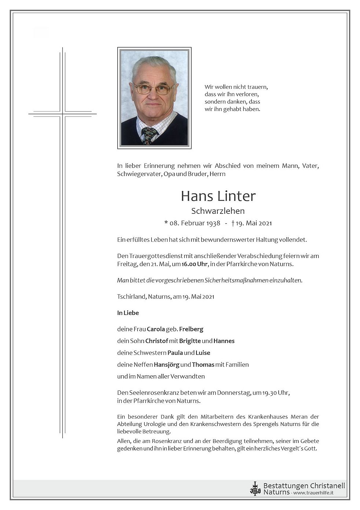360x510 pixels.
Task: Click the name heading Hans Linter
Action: (x=218, y=196)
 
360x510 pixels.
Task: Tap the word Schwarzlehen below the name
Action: (x=218, y=211)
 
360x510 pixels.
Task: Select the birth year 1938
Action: (x=213, y=223)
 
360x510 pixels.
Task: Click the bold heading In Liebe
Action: (x=128, y=313)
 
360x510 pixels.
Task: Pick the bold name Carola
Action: (x=156, y=329)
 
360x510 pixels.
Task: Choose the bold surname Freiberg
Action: (x=191, y=329)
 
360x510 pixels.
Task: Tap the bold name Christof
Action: (x=156, y=341)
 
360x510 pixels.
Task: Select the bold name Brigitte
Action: (x=190, y=341)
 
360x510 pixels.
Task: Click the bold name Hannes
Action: (x=224, y=341)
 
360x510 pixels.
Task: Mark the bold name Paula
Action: (x=175, y=353)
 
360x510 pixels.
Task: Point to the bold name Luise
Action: (x=203, y=353)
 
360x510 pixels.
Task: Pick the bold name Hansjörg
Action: (x=166, y=364)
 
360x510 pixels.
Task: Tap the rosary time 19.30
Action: (x=269, y=393)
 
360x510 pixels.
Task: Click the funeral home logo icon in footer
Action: (x=255, y=488)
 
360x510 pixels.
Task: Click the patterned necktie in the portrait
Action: (x=149, y=135)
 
